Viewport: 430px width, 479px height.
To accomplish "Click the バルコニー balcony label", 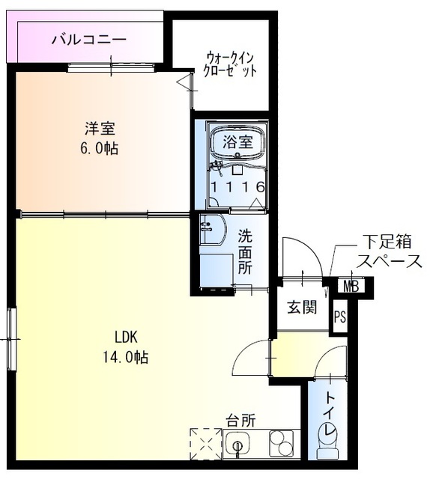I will click(x=88, y=40).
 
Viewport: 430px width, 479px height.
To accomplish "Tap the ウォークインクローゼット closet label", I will click(x=231, y=65).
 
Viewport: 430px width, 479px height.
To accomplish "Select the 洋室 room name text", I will click(x=100, y=129).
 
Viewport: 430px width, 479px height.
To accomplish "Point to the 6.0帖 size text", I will click(x=100, y=147).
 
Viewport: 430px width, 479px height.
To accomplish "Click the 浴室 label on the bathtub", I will click(x=237, y=140).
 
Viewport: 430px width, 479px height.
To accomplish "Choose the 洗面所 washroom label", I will click(x=245, y=251).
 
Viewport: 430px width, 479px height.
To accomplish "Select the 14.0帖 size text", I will click(x=125, y=357).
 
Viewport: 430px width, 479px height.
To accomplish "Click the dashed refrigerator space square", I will click(x=206, y=444).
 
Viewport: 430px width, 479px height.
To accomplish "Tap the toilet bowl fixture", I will click(x=328, y=438).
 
